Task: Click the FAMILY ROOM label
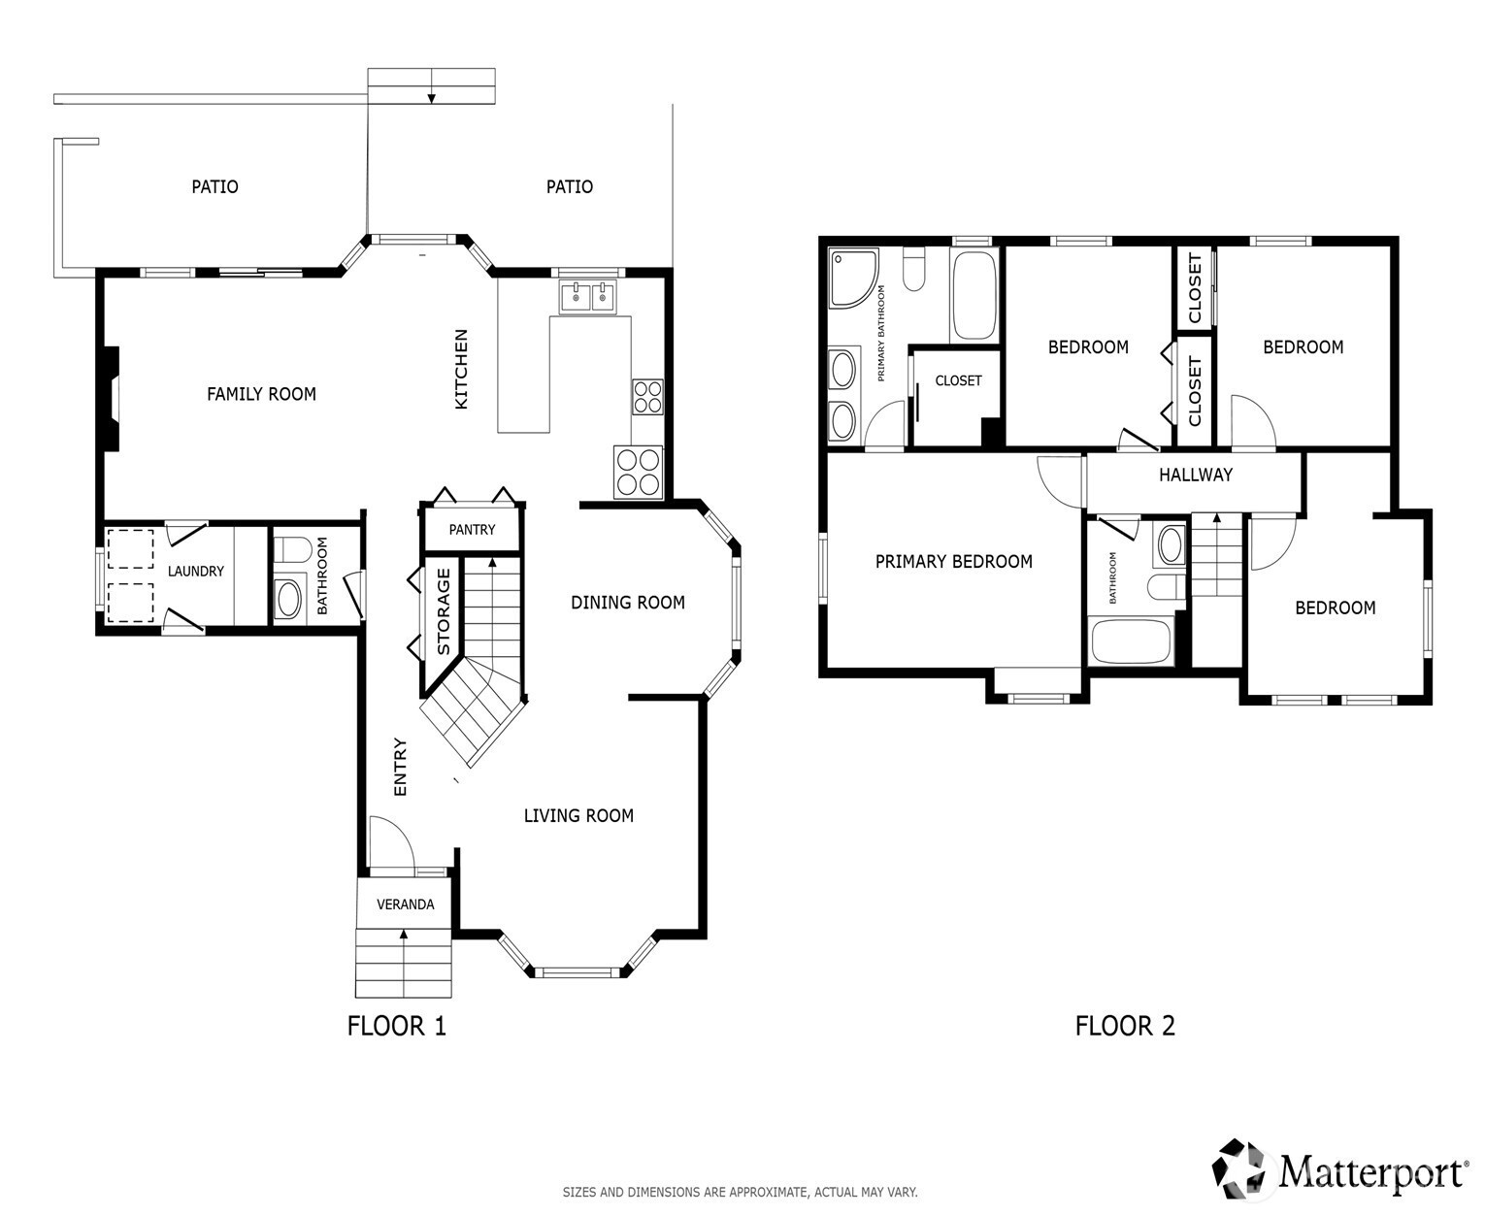tap(261, 394)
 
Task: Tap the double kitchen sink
tap(587, 296)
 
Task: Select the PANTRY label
tap(472, 530)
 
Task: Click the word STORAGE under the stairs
tap(443, 611)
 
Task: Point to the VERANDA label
tap(405, 904)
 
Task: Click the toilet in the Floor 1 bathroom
tap(291, 550)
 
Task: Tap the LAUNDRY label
tap(195, 571)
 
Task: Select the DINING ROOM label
tap(627, 603)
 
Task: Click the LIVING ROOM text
tap(578, 815)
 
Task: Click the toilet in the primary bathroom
tap(914, 270)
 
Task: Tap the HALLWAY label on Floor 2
tap(1196, 475)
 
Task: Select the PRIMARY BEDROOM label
tap(953, 561)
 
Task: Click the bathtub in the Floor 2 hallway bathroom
tap(1130, 641)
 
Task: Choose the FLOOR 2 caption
tap(1125, 1026)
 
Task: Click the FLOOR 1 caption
tap(396, 1026)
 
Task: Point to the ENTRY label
tap(400, 767)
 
